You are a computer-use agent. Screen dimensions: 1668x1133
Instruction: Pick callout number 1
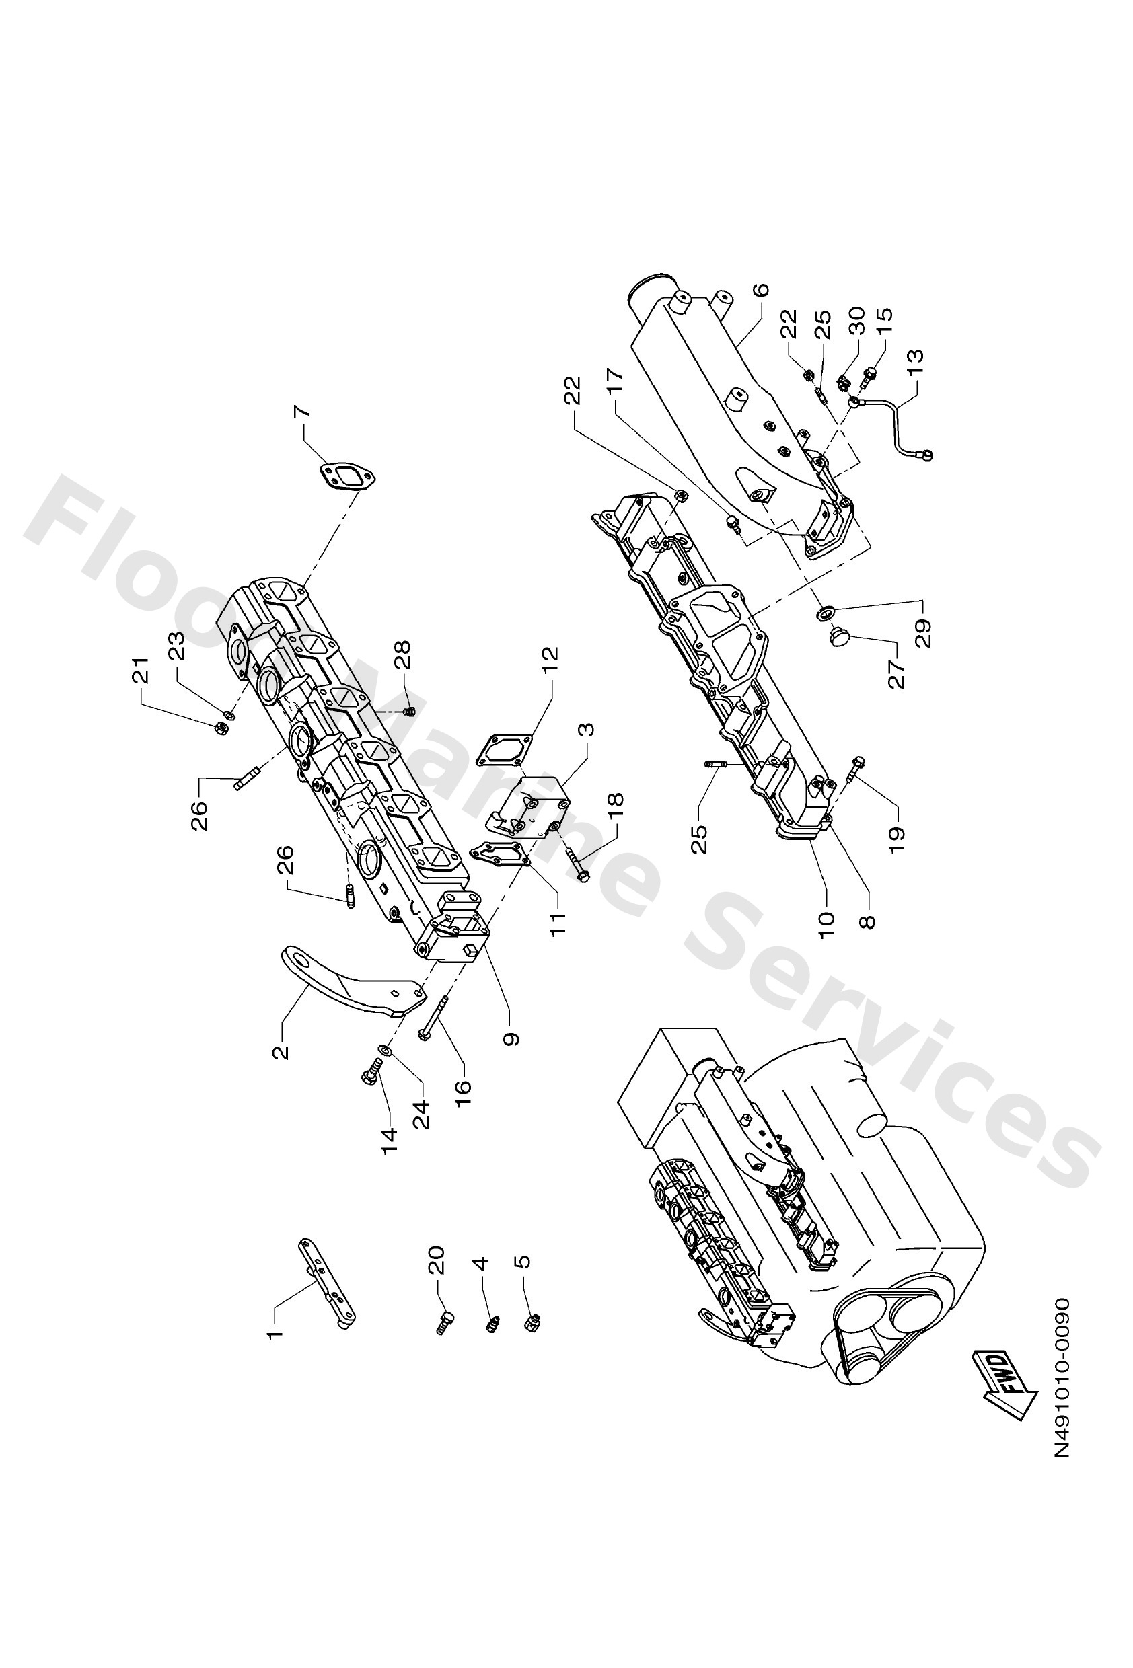275,1333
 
